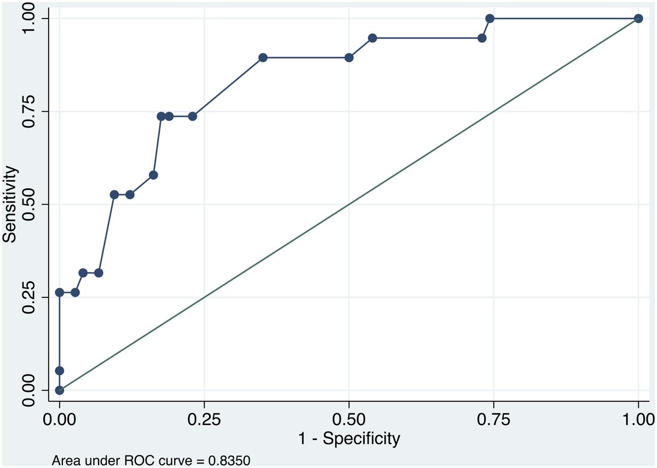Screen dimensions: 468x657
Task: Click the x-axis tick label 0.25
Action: [204, 420]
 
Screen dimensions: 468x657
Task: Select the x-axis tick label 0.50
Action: [349, 420]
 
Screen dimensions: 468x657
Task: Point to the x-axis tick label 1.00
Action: [638, 420]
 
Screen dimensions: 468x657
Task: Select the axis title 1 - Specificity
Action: [349, 438]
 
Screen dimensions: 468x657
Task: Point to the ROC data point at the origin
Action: [59, 390]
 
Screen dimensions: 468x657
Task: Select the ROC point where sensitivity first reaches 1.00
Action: [490, 19]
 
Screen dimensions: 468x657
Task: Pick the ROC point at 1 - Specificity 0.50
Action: [349, 57]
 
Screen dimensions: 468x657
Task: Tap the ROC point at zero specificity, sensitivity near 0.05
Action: [59, 371]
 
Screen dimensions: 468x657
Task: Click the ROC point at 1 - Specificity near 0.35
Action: [263, 57]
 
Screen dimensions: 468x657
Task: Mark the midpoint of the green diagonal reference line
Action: [349, 204]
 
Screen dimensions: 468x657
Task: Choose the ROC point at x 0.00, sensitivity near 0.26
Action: [59, 292]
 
